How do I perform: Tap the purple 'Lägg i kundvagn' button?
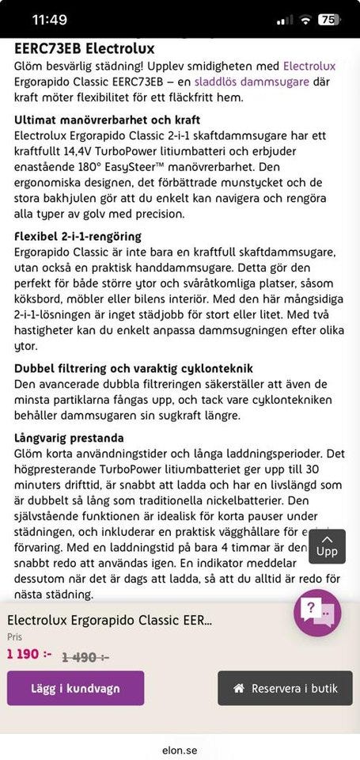click(75, 688)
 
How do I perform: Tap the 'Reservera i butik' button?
click(285, 688)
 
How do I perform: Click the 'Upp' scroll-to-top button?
click(326, 545)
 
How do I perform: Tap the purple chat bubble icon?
click(317, 613)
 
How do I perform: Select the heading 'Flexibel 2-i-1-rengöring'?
click(78, 236)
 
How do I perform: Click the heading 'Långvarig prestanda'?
click(70, 438)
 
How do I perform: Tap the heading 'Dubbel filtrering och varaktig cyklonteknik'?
click(133, 368)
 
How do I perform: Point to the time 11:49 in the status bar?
click(50, 20)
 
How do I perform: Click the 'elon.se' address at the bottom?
click(180, 749)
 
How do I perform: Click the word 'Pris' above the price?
click(15, 636)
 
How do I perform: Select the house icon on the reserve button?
click(238, 688)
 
